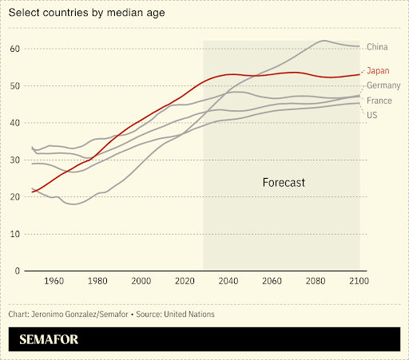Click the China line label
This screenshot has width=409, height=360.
pyautogui.click(x=377, y=48)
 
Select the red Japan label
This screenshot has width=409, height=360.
pyautogui.click(x=378, y=70)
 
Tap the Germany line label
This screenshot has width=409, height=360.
pyautogui.click(x=383, y=86)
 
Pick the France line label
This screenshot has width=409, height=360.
pyautogui.click(x=379, y=101)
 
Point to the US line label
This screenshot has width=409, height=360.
pyautogui.click(x=371, y=115)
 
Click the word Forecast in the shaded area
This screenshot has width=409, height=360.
pyautogui.click(x=284, y=183)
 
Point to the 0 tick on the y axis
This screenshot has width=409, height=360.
pyautogui.click(x=17, y=271)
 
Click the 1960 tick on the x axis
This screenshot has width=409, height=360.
pyautogui.click(x=54, y=282)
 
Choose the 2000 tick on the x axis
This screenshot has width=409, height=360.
pyautogui.click(x=141, y=282)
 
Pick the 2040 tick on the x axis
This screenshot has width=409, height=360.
pyautogui.click(x=228, y=282)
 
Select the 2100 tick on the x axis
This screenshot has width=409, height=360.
pyautogui.click(x=359, y=282)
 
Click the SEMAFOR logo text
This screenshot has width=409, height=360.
pyautogui.click(x=49, y=339)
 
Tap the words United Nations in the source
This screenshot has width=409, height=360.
pyautogui.click(x=189, y=314)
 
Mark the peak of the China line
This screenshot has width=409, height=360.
pyautogui.click(x=324, y=41)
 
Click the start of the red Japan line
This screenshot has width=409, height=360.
pyautogui.click(x=33, y=192)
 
